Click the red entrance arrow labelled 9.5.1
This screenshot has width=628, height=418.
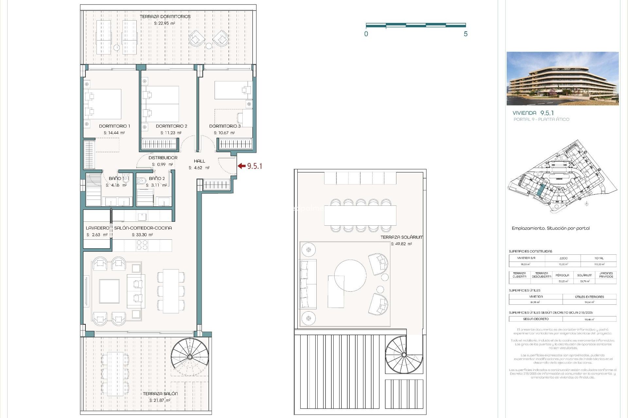click(x=242, y=166)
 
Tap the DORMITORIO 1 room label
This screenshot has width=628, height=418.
click(x=114, y=126)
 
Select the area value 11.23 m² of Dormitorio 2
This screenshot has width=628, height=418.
click(x=171, y=133)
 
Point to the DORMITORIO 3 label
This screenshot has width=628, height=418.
click(x=225, y=126)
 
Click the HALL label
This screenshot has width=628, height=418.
click(x=199, y=161)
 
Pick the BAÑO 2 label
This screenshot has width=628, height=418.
click(x=157, y=179)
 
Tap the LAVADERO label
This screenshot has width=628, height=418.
click(x=97, y=228)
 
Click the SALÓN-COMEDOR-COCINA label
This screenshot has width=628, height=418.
click(x=143, y=228)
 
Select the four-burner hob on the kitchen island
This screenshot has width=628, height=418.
click(x=142, y=245)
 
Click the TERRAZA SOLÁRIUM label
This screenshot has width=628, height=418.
click(x=401, y=237)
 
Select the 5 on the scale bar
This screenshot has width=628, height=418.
click(x=465, y=34)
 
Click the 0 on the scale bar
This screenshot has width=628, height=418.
click(x=366, y=34)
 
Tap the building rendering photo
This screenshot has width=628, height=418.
click(x=562, y=78)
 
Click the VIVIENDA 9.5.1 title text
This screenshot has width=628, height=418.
click(x=533, y=113)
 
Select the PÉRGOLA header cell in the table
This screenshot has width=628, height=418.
click(x=562, y=275)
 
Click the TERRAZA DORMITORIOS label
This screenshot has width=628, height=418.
click(x=165, y=17)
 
